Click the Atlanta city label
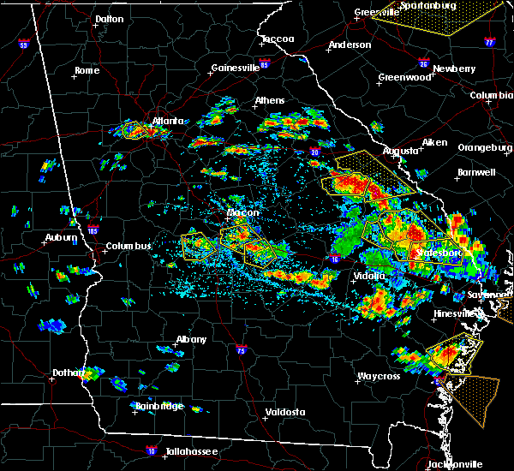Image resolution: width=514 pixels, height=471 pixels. pyautogui.click(x=168, y=122)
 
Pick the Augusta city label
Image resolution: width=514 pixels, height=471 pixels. pyautogui.click(x=400, y=151)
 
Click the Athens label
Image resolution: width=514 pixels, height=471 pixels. pyautogui.click(x=270, y=101)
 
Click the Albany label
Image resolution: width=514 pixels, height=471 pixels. pyautogui.click(x=191, y=340)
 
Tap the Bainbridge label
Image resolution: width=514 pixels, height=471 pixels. pyautogui.click(x=159, y=406)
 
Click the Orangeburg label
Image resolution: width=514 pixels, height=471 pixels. pyautogui.click(x=484, y=147)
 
